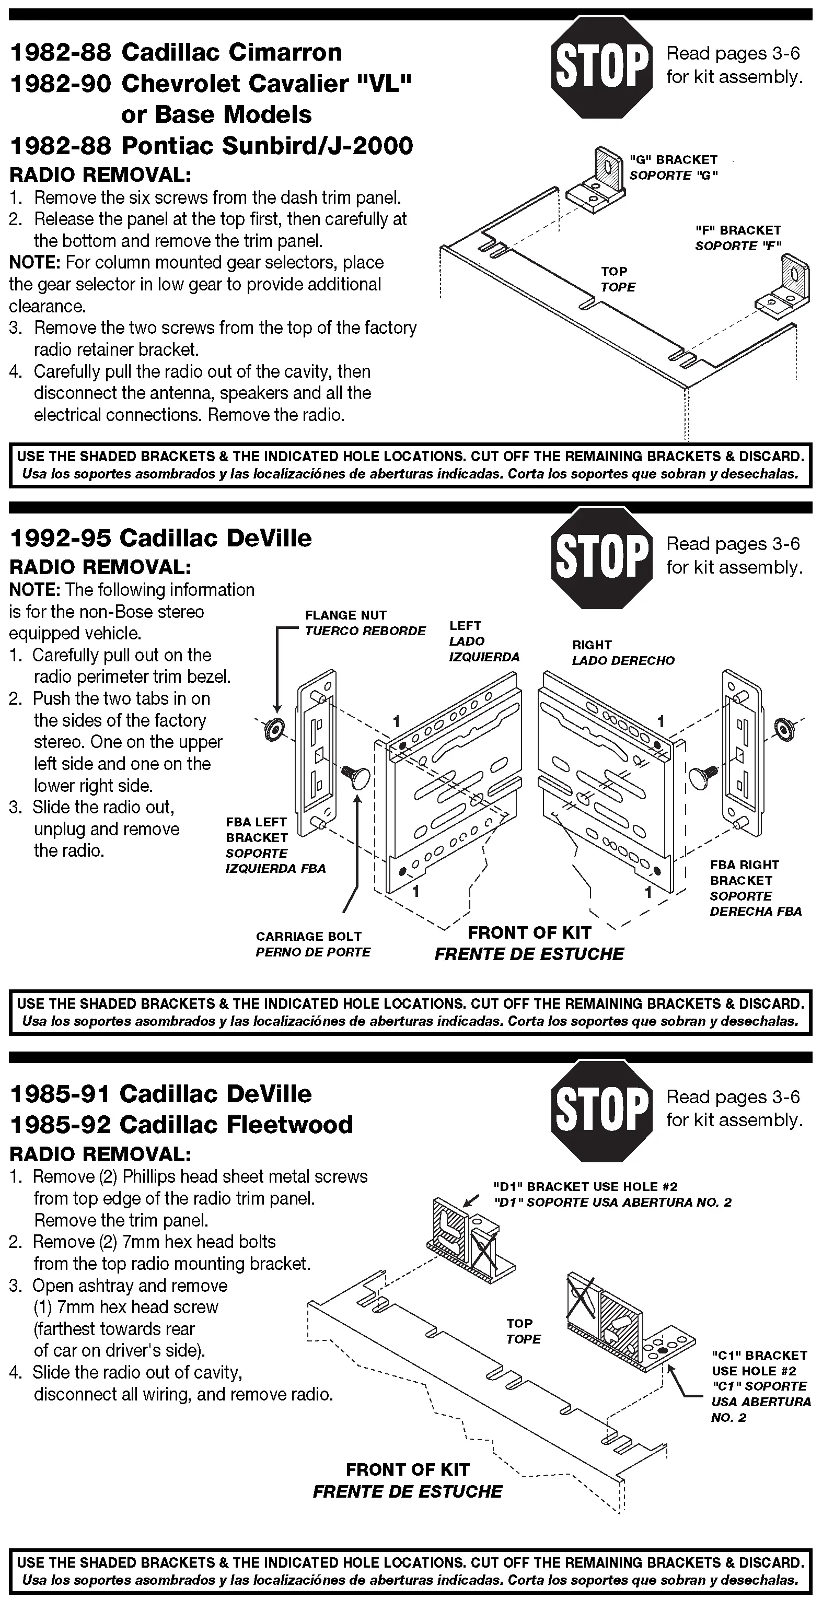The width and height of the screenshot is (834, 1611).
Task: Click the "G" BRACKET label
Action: (673, 160)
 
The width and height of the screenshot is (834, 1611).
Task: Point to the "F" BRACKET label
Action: (738, 230)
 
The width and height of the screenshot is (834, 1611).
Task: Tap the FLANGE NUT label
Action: (346, 615)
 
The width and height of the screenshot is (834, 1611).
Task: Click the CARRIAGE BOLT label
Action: (308, 936)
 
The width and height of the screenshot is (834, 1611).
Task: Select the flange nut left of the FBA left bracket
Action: (273, 729)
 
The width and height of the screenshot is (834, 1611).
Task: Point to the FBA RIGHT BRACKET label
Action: (744, 872)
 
